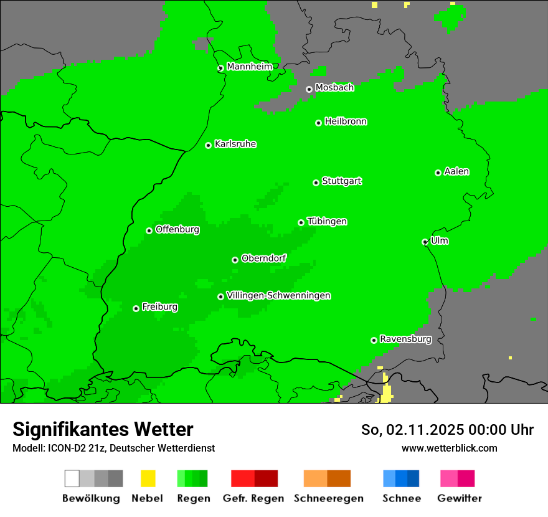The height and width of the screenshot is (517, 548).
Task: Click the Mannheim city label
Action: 249,67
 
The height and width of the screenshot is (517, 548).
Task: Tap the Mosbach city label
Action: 334,88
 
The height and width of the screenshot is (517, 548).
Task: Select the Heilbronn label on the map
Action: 346,121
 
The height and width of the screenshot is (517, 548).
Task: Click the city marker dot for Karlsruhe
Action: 209,146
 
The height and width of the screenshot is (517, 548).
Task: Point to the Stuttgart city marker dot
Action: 316,183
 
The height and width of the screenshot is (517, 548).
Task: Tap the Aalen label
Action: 456,171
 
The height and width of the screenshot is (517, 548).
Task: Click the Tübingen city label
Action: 327,221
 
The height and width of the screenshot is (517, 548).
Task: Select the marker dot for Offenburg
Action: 149,231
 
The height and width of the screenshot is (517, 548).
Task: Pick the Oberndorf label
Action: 263,258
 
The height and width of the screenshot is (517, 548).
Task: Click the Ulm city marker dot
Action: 425,242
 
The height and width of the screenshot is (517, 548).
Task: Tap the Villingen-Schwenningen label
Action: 278,295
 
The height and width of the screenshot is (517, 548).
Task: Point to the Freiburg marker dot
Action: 136,308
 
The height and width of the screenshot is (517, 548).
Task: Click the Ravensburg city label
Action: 405,339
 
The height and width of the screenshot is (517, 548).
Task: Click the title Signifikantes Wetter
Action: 103,429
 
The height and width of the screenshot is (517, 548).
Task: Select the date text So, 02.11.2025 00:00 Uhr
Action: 447,430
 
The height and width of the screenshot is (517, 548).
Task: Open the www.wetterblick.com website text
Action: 449,448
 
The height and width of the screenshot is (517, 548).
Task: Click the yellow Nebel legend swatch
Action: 148,478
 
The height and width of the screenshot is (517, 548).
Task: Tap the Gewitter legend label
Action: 460,498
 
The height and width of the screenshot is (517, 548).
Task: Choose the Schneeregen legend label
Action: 328,498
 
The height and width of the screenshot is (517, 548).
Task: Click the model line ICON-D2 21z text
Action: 113,448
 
